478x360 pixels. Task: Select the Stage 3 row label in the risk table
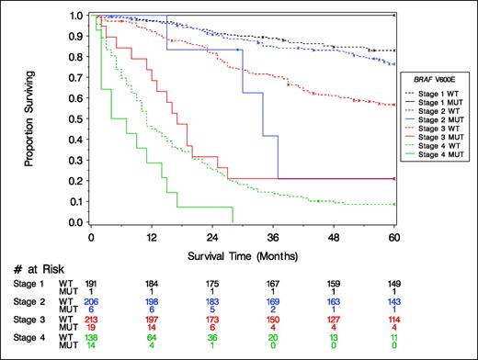point(29,321)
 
